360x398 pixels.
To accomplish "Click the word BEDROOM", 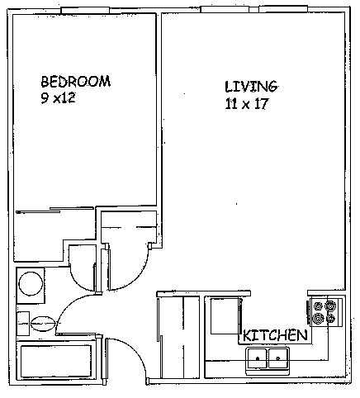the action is pos(76,81).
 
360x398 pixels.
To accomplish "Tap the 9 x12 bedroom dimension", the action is pos(58,97).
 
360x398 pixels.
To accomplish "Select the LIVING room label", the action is pos(251,87).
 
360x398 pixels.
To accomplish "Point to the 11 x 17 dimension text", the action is pos(247,104).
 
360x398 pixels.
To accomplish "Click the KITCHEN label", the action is pos(275,335).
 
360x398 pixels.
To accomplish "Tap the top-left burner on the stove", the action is pos(319,306).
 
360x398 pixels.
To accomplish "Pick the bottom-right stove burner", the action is pos(330,319).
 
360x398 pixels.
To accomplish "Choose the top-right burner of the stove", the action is pos(330,306).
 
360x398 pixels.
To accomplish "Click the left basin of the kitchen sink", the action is pos(258,358).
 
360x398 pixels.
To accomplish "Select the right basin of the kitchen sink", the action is pos(278,358).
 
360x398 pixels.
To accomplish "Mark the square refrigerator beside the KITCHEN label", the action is pos(225,316).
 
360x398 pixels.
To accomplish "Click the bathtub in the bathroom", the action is pos(56,361).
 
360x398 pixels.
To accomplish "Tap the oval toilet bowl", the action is pos(43,323).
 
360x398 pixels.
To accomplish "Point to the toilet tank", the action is pos(23,324).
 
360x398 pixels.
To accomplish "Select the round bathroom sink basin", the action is pos(31,284).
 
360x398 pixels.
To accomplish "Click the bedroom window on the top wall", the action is pos(85,10).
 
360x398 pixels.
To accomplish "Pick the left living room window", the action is pos(225,9).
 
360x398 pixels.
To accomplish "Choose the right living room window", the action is pos(283,9).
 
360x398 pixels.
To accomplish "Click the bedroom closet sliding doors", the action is pos(55,210).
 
